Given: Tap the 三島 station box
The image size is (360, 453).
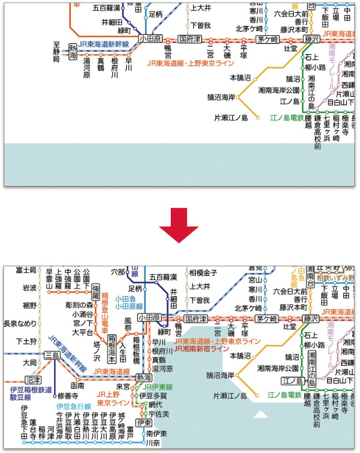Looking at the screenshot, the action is pyautogui.click(x=52, y=355).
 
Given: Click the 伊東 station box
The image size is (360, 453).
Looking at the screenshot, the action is pyautogui.click(x=144, y=423).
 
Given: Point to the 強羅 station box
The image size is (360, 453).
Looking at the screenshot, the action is pyautogui.click(x=96, y=293).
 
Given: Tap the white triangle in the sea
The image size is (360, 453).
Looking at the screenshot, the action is pyautogui.click(x=261, y=414).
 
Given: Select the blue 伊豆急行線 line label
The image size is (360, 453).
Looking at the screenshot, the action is pyautogui.click(x=73, y=406).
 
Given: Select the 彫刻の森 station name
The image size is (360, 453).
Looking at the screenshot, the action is pyautogui.click(x=79, y=305).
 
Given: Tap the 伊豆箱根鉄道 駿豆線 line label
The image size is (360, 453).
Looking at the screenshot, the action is pyautogui.click(x=31, y=393).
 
